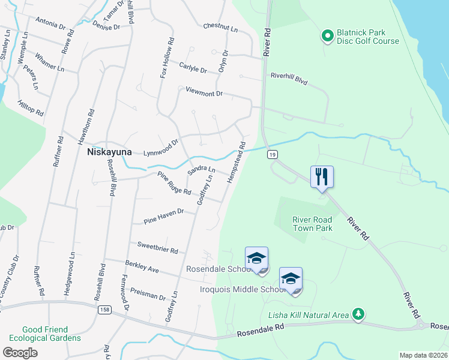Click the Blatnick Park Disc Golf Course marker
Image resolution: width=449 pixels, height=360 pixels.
(x=328, y=37)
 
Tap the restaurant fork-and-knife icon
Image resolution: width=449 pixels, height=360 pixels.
(x=322, y=176)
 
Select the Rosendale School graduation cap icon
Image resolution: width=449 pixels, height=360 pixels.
(x=256, y=258)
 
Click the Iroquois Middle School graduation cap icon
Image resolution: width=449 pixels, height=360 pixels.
(x=291, y=278)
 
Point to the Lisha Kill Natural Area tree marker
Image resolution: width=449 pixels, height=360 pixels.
(x=358, y=314)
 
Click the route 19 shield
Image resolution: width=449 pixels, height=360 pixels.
(x=273, y=155)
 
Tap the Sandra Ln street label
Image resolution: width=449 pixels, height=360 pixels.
(x=200, y=171)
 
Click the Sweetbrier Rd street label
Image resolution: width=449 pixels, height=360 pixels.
(x=157, y=247)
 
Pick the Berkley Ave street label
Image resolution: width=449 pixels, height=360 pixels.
(x=142, y=267)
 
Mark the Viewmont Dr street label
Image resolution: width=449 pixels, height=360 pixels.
(x=204, y=94)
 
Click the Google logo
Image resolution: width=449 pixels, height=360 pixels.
(x=20, y=353)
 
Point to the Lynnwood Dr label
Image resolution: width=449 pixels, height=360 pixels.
(x=161, y=148)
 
